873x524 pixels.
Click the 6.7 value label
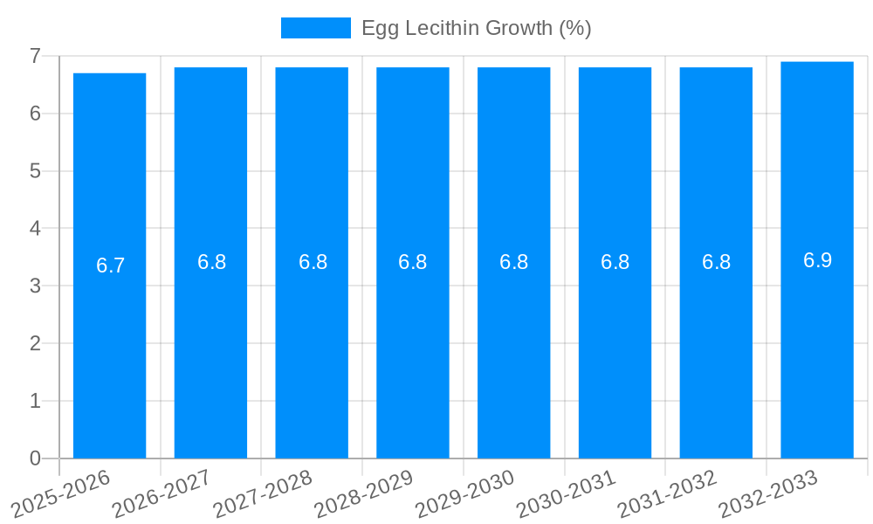click(111, 266)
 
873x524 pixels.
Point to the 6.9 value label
click(818, 260)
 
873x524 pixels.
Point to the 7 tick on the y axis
click(35, 56)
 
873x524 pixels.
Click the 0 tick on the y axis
click(35, 458)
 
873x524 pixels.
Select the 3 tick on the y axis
click(35, 286)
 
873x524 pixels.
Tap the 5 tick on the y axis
click(35, 171)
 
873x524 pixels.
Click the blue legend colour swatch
click(315, 28)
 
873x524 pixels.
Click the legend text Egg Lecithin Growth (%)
click(477, 28)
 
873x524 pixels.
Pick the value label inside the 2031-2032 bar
click(716, 262)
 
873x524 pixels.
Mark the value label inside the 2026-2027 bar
click(211, 262)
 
